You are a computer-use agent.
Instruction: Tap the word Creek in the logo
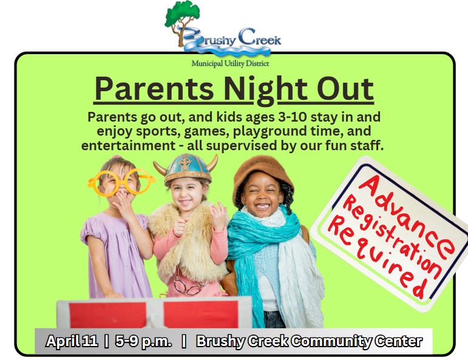259,37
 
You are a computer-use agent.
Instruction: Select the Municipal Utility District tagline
230,64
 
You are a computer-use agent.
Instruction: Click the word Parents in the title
154,89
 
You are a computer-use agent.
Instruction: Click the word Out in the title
345,89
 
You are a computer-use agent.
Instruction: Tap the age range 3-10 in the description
292,117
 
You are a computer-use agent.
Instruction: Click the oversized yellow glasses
121,182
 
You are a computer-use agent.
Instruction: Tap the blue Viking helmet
186,168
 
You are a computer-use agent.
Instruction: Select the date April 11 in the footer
72,341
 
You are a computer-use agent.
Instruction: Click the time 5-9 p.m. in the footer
144,342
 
